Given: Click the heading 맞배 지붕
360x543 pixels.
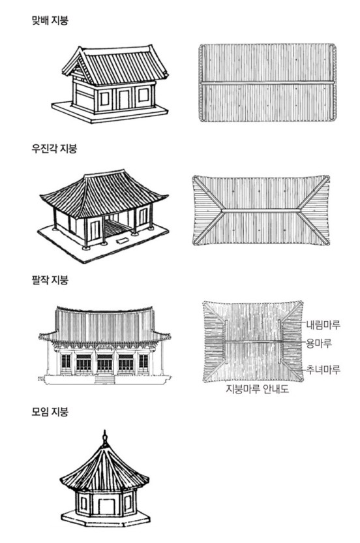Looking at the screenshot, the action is point(50,20).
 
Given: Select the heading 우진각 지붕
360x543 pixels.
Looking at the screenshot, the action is point(54,149).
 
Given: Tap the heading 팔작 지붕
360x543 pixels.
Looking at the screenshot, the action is point(50,280).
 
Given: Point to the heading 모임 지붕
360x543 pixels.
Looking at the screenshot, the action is point(50,412).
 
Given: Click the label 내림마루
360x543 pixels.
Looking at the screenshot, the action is point(323,325).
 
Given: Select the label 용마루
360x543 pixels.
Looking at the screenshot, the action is point(319,343).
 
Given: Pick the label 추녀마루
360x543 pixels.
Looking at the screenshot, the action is point(323,369).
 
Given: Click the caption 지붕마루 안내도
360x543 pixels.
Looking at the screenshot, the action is point(257,389).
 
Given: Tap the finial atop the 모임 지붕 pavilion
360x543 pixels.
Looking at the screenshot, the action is point(105,438).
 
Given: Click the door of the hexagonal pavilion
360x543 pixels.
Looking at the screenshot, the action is point(106,506).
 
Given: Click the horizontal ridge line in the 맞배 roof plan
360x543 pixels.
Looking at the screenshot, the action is point(267,82).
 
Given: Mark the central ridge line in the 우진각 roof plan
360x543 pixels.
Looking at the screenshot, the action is point(261,210).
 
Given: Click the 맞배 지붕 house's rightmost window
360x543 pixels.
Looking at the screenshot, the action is point(143,95).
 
